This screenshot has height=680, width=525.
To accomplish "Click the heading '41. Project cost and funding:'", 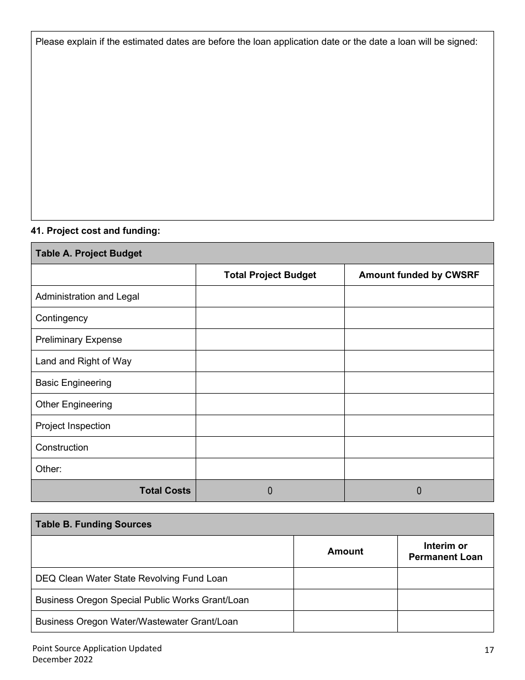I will point(96,231).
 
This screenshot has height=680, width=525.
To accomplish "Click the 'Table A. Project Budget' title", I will point(88,253).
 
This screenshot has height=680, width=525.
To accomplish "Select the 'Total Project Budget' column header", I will point(270,275).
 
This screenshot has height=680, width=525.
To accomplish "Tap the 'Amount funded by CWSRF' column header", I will point(419,275).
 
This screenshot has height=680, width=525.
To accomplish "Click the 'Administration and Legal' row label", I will point(87,296).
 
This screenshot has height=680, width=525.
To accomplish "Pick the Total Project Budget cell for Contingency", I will point(270,318).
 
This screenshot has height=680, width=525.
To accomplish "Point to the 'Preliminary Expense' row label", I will point(78,339).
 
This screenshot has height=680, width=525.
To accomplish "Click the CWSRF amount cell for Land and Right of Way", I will point(419,361).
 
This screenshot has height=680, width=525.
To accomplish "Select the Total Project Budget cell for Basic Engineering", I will point(270,383).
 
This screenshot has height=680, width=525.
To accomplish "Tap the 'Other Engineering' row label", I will point(73,404).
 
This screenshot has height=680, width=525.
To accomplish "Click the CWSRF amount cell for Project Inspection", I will point(419,426).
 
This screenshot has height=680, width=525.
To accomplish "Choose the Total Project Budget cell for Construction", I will point(270,447).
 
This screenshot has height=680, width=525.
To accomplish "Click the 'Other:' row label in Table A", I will point(49,469).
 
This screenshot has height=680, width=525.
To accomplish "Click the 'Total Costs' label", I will point(165,490).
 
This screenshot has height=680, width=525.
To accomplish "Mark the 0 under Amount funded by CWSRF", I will point(419,490).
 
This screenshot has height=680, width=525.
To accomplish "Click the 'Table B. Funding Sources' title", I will point(93,524).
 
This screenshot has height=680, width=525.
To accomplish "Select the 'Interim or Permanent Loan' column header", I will point(445,551).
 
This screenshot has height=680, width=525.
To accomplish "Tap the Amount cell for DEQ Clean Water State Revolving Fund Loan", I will point(345,578).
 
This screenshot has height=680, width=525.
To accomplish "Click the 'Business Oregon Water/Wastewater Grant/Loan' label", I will point(136,621).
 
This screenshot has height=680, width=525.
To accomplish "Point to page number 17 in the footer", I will point(489,650).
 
